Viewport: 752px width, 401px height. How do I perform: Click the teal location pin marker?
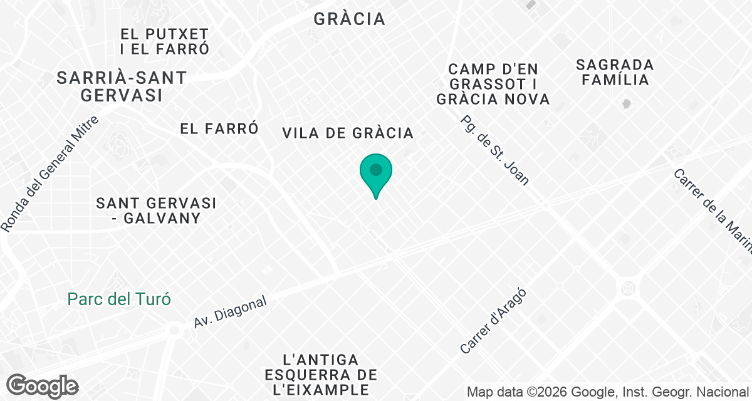pyautogui.click(x=376, y=174)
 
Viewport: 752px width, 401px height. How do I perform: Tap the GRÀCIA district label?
pyautogui.click(x=349, y=19)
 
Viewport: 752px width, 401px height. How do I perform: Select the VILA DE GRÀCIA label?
pyautogui.click(x=348, y=133)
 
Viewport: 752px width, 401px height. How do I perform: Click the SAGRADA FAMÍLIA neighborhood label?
pyautogui.click(x=615, y=72)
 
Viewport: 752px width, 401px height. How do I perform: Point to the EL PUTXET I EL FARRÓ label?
pyautogui.click(x=165, y=41)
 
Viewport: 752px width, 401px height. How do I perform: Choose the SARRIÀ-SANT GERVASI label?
pyautogui.click(x=122, y=86)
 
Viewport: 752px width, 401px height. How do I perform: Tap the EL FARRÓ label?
pyautogui.click(x=219, y=128)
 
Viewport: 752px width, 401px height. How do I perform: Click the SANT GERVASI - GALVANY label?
pyautogui.click(x=156, y=211)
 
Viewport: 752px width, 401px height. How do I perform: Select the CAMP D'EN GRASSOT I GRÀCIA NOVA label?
pyautogui.click(x=493, y=83)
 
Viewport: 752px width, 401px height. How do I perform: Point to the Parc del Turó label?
pyautogui.click(x=119, y=299)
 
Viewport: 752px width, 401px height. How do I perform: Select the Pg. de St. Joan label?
pyautogui.click(x=494, y=150)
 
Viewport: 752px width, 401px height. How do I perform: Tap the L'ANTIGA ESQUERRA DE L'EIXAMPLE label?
pyautogui.click(x=321, y=375)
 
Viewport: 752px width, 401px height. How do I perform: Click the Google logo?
pyautogui.click(x=43, y=386)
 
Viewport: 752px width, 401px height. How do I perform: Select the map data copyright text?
pyautogui.click(x=607, y=392)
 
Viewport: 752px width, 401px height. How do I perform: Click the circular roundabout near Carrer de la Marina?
pyautogui.click(x=627, y=289)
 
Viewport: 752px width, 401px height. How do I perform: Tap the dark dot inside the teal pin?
pyautogui.click(x=376, y=170)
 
